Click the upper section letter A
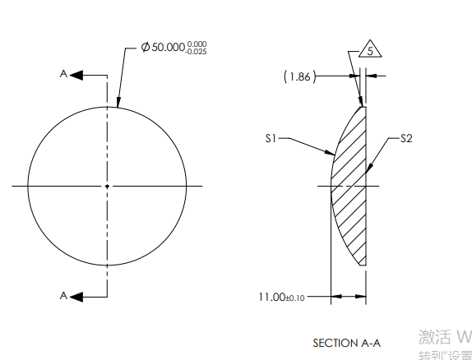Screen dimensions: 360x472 [63, 74]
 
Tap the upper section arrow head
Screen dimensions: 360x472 [78, 75]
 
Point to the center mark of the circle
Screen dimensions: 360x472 [107, 187]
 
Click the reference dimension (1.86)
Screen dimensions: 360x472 [298, 76]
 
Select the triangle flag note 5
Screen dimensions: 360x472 [370, 51]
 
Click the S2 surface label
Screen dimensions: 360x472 [406, 139]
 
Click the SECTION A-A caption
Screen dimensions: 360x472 [347, 342]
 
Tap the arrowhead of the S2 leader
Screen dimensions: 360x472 [368, 171]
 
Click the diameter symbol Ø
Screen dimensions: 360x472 [146, 48]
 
